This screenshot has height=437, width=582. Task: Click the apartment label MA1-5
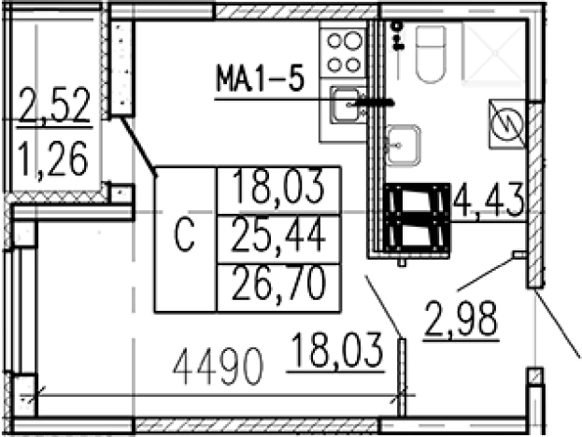point(261,78)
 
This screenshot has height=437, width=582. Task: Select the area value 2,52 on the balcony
point(54,105)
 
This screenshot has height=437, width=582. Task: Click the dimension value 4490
point(218,367)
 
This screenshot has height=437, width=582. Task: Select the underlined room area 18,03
point(337,350)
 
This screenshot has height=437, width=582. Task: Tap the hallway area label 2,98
point(461,318)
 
